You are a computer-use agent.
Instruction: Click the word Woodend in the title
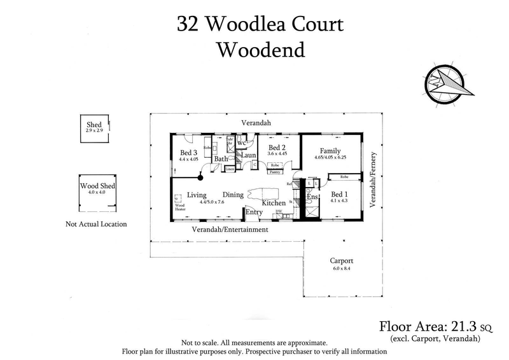(x=260, y=50)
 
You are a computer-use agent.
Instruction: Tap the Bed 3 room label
(x=190, y=153)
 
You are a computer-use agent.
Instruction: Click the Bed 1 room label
(x=339, y=194)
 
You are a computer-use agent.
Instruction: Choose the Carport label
(x=341, y=261)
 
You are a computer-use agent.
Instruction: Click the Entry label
(x=254, y=212)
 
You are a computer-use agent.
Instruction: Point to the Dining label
(x=234, y=195)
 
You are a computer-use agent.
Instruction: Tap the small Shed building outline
(x=95, y=131)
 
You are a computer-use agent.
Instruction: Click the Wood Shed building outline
(x=95, y=193)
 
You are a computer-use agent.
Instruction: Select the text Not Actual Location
(x=96, y=224)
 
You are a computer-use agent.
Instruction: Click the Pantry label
(x=275, y=172)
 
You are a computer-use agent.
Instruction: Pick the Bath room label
(x=221, y=159)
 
